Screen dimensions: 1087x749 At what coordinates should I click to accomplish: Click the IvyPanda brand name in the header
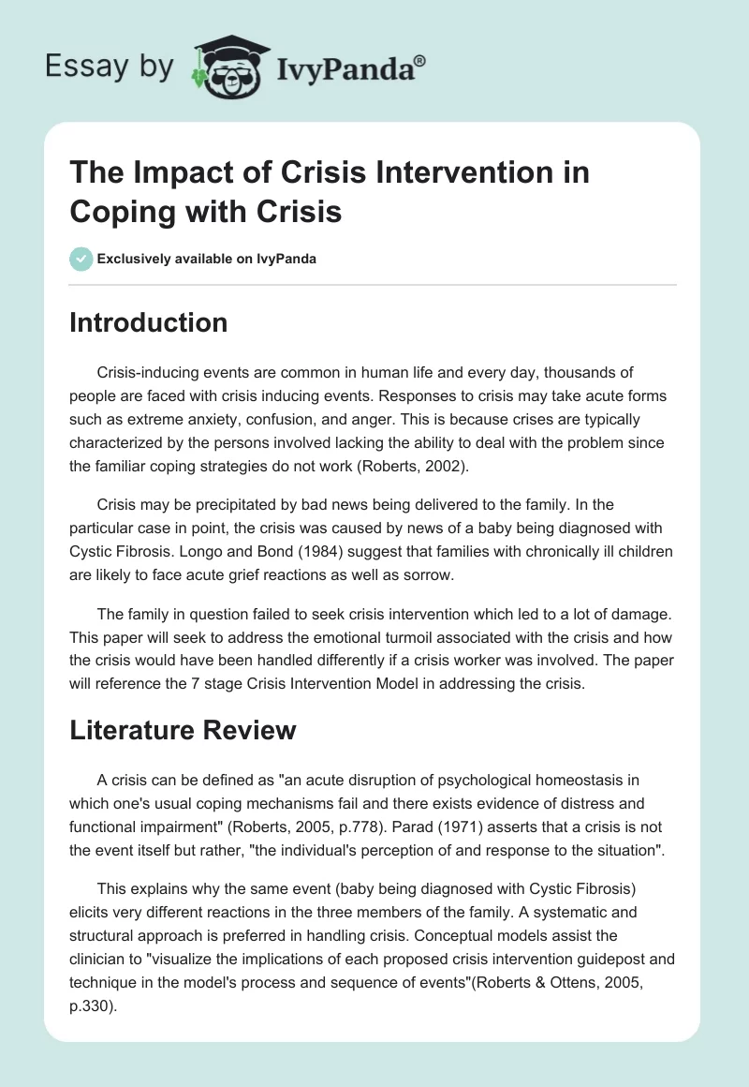(345, 68)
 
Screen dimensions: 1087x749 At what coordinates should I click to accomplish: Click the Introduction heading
(149, 322)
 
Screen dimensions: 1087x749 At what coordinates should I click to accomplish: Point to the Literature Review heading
(183, 730)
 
